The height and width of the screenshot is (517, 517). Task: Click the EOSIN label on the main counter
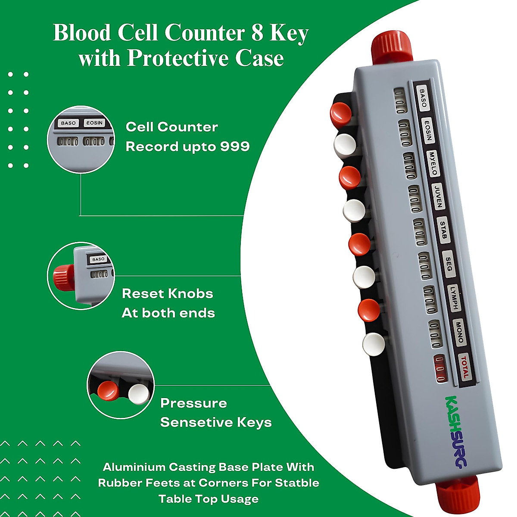tap(427, 131)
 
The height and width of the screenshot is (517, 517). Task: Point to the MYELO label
tap(433, 164)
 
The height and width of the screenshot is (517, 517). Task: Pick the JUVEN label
tap(438, 197)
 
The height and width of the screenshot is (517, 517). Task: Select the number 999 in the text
tap(235, 146)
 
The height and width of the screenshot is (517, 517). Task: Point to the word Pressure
tap(193, 403)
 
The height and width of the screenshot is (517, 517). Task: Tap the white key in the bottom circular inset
tap(138, 394)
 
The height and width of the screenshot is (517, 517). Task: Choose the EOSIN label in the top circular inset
tap(94, 123)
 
